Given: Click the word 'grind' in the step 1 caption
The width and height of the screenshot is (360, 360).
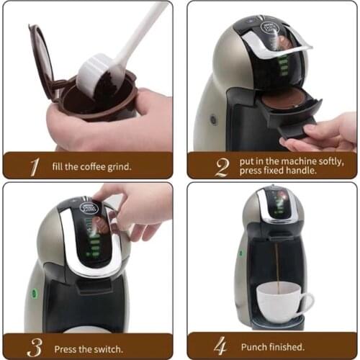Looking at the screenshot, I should click(115, 166).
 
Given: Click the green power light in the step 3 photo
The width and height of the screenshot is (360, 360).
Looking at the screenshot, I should click(33, 293).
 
